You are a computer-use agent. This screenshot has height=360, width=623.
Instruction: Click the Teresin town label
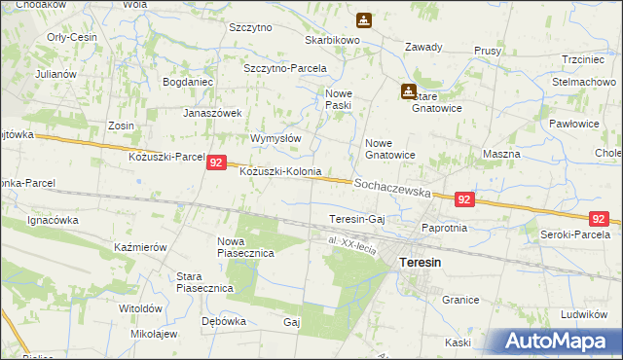[421, 263]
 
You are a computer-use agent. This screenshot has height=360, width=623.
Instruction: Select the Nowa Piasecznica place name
[245, 247]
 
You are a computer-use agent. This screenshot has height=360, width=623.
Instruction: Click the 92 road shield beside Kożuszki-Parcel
[218, 165]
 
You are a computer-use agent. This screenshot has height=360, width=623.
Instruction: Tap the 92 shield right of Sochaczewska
[464, 199]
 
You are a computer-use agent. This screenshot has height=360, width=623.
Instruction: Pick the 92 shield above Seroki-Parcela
[600, 220]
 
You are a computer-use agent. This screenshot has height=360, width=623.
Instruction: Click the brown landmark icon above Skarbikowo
[363, 20]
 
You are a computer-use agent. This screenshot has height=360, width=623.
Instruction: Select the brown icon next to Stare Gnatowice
[408, 91]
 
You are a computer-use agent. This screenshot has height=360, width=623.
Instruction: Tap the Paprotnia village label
[445, 228]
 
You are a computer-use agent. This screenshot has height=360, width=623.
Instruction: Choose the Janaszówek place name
[212, 113]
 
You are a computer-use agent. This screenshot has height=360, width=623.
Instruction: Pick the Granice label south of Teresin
[460, 302]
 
